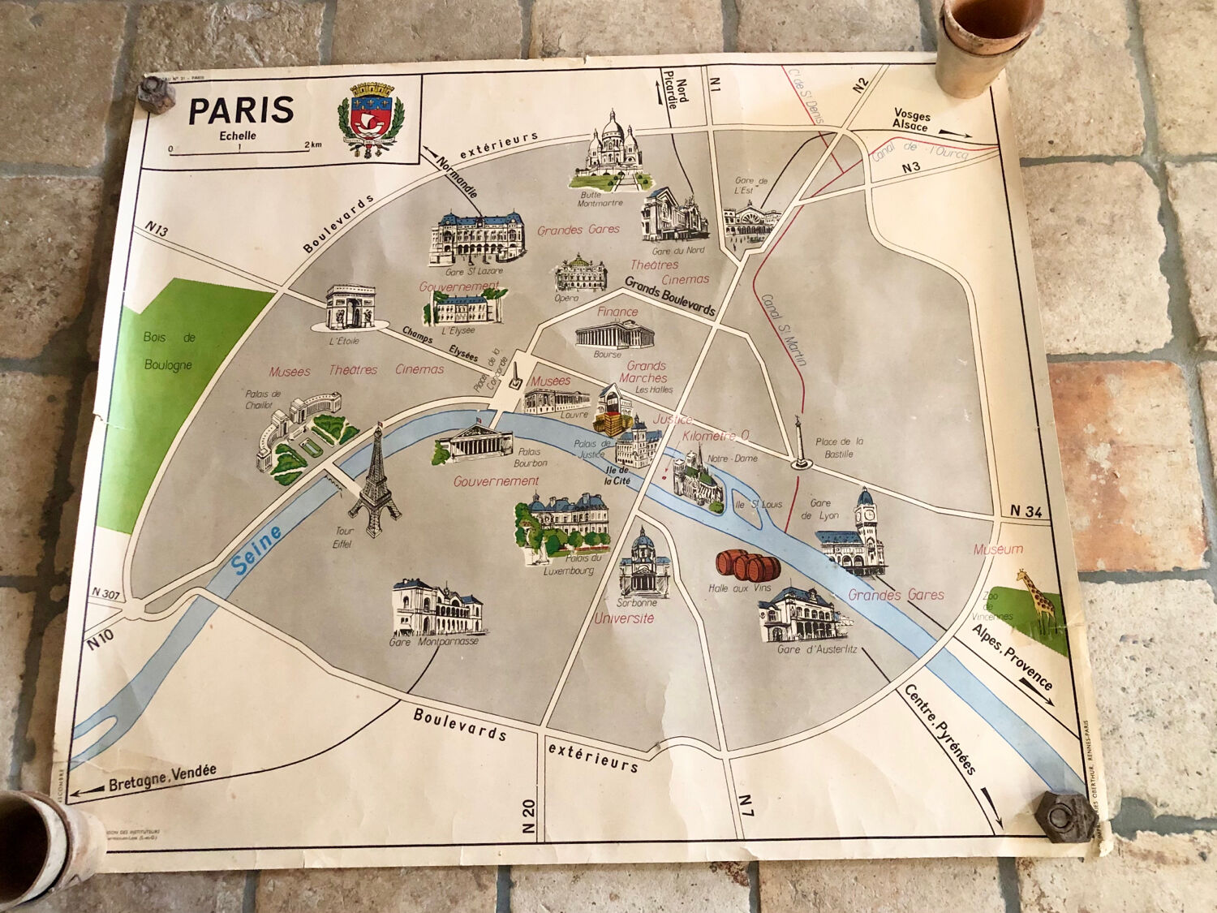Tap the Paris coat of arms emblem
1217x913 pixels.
(x=371, y=119)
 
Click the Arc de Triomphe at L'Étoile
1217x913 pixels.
(x=350, y=307)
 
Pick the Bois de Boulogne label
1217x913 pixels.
(x=169, y=351)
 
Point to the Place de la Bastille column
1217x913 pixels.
(x=800, y=444)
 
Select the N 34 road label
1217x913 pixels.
(x=1026, y=510)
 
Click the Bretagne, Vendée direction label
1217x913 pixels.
(x=161, y=777)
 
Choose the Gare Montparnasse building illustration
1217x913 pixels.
(x=437, y=609)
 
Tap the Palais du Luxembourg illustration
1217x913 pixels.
(x=563, y=523)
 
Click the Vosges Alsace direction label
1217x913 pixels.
(x=910, y=120)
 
